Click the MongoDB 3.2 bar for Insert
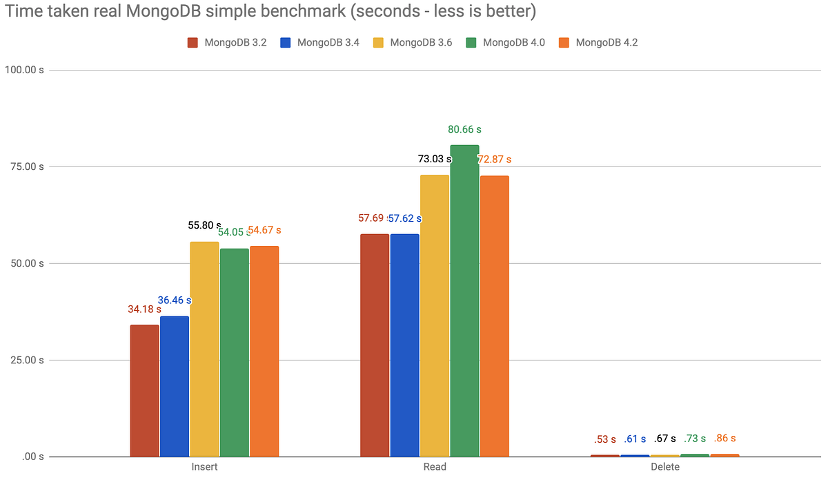144,390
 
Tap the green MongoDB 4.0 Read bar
464,300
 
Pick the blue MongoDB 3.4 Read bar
404,345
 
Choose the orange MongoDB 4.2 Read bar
495,316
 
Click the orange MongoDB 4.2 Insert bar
264,351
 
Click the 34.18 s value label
144,309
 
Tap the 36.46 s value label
175,300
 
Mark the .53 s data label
605,439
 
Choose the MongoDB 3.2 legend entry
228,42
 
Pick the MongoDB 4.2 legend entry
600,42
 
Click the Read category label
435,467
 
